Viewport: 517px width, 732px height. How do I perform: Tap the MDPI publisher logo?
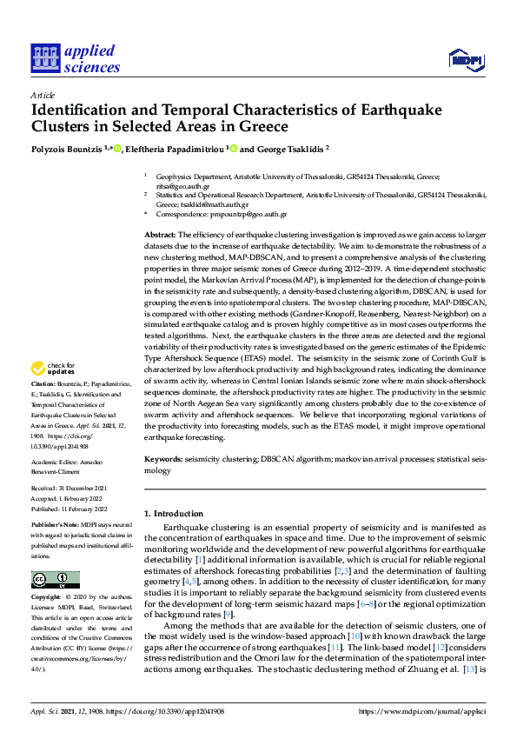pyautogui.click(x=465, y=59)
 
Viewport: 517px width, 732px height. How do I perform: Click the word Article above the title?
pyautogui.click(x=42, y=95)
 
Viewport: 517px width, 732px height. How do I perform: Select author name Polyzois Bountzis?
pyautogui.click(x=67, y=149)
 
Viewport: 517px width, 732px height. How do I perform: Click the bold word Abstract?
pyautogui.click(x=159, y=235)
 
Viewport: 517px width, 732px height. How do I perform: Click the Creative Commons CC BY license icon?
pyautogui.click(x=56, y=580)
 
